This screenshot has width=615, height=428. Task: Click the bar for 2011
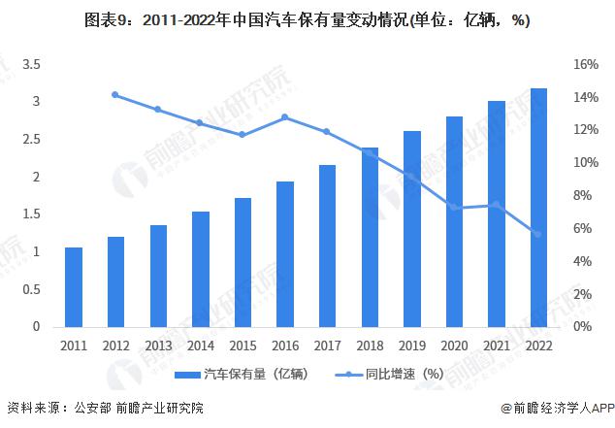tap(74, 287)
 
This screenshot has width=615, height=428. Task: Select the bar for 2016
tap(284, 254)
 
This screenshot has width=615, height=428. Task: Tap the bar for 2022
tap(537, 208)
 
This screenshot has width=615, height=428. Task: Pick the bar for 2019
tap(411, 229)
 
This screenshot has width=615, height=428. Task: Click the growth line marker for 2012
tap(115, 95)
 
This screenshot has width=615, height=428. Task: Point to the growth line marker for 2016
tap(284, 117)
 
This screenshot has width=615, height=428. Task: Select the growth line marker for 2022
tap(537, 234)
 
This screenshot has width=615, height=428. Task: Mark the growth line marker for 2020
tap(454, 208)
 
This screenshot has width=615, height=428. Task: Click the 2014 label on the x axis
tap(200, 346)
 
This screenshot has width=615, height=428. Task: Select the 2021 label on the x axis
tap(496, 346)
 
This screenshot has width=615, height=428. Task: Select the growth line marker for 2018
tap(370, 150)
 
